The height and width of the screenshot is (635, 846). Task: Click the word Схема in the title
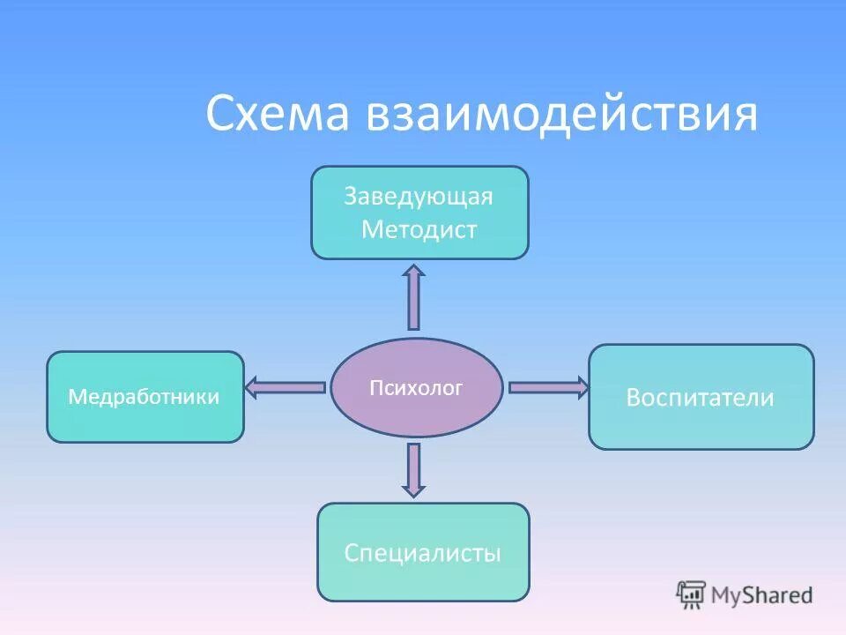(277, 116)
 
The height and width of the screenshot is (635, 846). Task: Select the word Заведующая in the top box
(419, 196)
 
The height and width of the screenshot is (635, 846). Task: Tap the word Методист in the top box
(419, 230)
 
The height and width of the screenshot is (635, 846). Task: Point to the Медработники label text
(144, 397)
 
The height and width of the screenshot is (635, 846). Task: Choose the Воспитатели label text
(700, 398)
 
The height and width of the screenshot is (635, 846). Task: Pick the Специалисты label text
(422, 553)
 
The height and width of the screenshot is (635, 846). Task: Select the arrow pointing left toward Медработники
(286, 386)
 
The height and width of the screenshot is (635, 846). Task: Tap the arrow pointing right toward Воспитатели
(547, 386)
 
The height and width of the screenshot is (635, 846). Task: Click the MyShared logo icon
(691, 594)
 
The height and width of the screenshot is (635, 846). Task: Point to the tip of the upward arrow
(414, 266)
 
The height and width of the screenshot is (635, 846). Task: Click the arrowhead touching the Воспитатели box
(582, 386)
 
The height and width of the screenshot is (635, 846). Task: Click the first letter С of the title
(219, 116)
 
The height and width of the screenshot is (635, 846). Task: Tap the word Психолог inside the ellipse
(416, 387)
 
